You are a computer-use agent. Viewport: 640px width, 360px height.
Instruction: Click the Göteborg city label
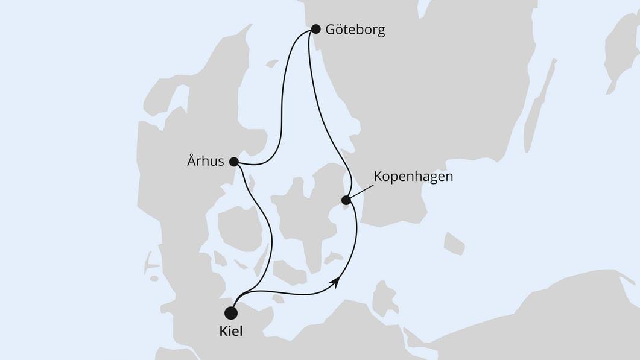[x=355, y=30]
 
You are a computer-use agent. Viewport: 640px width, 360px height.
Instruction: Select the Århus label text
[x=205, y=161]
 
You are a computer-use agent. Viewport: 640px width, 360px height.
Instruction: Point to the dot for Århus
[x=233, y=161]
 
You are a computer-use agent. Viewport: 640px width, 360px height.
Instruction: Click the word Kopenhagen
[x=413, y=177]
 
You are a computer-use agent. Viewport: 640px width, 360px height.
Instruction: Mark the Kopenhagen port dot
[x=346, y=200]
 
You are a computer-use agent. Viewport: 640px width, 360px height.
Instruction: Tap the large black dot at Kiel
[x=230, y=313]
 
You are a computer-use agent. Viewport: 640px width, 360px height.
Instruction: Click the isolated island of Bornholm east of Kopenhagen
[x=454, y=242]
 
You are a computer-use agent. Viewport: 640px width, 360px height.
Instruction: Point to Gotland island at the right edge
[x=621, y=54]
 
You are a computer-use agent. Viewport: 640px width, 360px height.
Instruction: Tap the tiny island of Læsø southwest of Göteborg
[x=272, y=63]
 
